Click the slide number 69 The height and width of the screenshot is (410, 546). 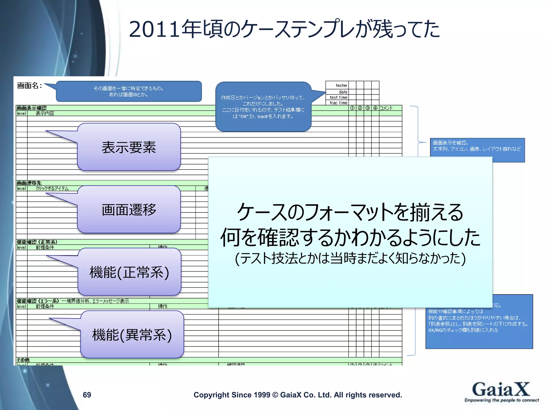87,395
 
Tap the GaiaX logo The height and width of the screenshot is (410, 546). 501,392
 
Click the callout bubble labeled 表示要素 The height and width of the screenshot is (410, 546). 129,147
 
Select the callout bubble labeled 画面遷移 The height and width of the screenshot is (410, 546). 129,210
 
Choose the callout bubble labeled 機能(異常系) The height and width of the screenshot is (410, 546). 132,335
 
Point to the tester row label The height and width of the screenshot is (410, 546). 341,85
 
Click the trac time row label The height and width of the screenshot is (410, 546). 338,103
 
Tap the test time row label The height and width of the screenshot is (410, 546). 338,97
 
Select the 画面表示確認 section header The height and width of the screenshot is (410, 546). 31,108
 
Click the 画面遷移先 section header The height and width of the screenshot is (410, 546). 29,183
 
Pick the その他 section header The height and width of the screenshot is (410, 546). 23,360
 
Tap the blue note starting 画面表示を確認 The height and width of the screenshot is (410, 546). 477,149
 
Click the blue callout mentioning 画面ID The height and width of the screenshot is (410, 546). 129,91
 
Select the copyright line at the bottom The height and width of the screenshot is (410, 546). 298,395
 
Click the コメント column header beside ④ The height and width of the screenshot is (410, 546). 386,108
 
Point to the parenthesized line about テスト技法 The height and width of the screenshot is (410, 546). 350,258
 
